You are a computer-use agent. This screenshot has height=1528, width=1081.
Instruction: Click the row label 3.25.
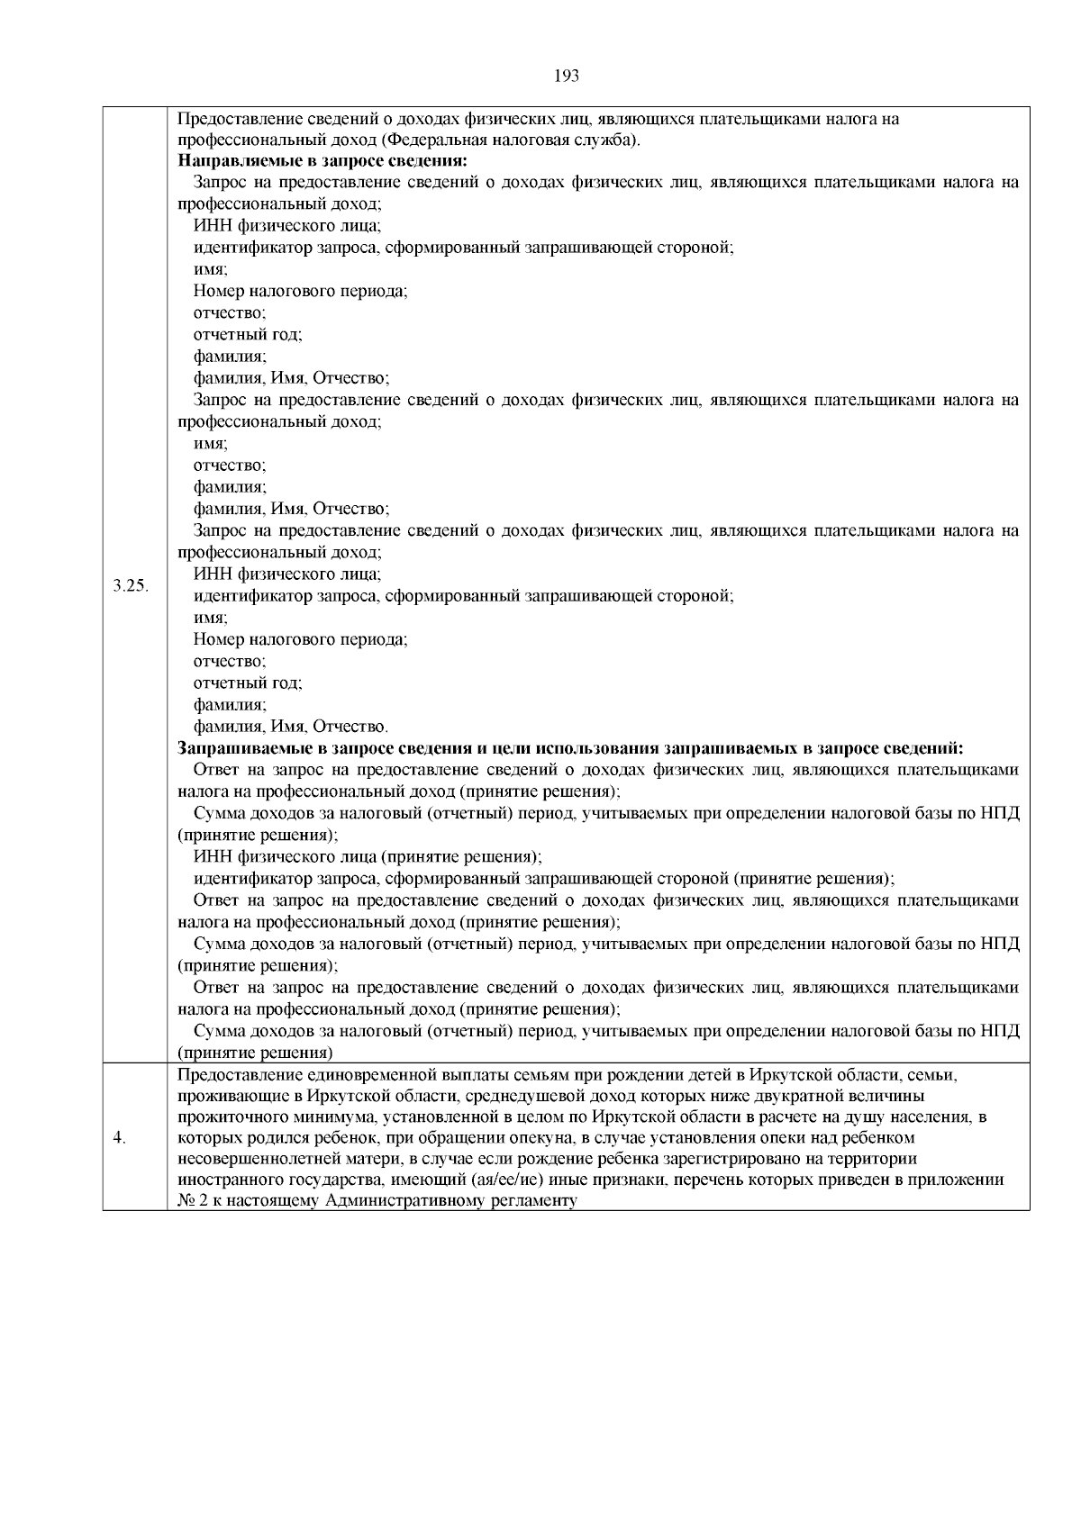[x=131, y=586]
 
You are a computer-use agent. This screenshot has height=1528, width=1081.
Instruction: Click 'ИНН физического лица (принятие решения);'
[x=368, y=857]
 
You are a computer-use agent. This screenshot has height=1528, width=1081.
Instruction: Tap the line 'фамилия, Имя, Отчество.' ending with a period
[x=291, y=727]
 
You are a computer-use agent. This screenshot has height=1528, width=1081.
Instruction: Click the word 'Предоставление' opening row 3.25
[x=232, y=118]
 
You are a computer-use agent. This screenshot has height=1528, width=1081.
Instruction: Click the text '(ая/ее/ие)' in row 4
[x=512, y=1180]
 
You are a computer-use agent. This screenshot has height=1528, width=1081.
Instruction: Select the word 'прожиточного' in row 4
[x=225, y=1117]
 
